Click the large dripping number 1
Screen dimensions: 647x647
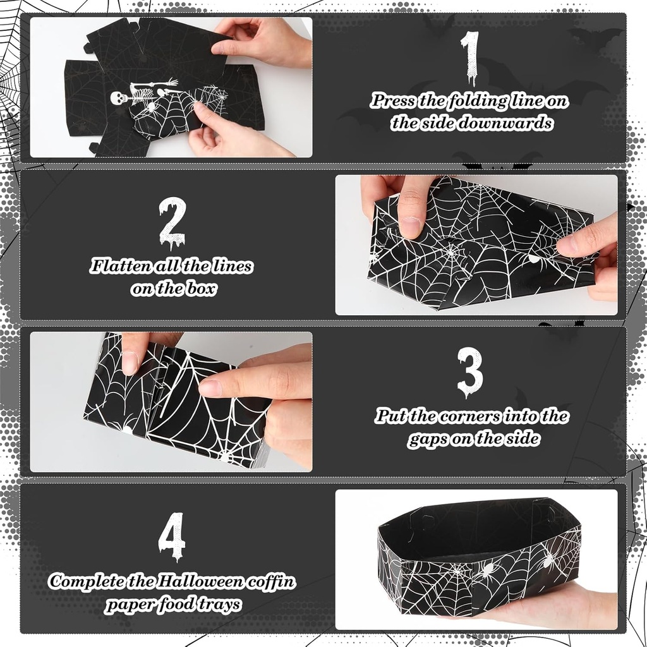coord(471,57)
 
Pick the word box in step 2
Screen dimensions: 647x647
coord(201,288)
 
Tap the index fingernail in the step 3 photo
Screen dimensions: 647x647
coord(210,389)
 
